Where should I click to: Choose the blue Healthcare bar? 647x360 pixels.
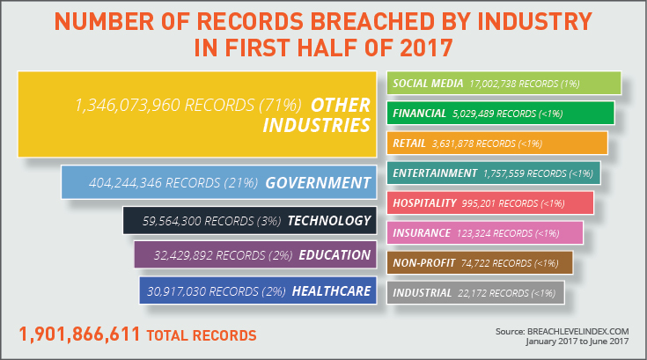coord(255,290)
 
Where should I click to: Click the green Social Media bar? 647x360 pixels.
coord(504,84)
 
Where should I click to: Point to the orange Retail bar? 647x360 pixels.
coord(496,143)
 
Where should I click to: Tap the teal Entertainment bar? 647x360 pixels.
coord(493,173)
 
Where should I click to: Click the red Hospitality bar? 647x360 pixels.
coord(489,203)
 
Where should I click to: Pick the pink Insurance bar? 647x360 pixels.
coord(485,233)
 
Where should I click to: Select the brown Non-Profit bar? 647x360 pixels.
coord(480,262)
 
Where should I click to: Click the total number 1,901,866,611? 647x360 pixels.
coord(78,334)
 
